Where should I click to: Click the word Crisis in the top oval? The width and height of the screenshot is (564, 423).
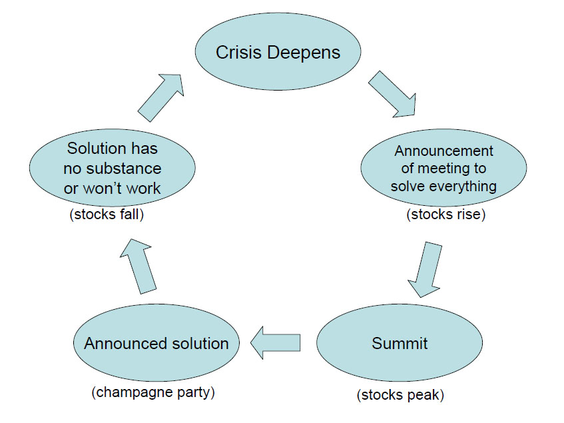tap(238, 53)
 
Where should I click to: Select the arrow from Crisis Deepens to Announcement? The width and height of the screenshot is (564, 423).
tap(392, 94)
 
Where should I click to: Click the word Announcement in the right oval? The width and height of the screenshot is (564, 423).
tap(444, 151)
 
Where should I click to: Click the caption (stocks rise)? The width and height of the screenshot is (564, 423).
tap(446, 214)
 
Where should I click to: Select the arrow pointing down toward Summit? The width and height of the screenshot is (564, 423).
tap(425, 270)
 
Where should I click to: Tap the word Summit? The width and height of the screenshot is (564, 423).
tap(400, 344)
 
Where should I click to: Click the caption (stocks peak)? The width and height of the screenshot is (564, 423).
tap(400, 395)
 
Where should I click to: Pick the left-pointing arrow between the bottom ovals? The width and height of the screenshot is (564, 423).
tap(275, 343)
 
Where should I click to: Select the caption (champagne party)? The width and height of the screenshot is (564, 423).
tap(153, 392)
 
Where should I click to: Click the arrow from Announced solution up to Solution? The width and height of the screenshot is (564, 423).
tap(138, 266)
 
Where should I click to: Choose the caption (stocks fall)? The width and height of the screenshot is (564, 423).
tap(107, 214)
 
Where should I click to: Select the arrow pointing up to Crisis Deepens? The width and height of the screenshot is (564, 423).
tap(160, 98)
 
